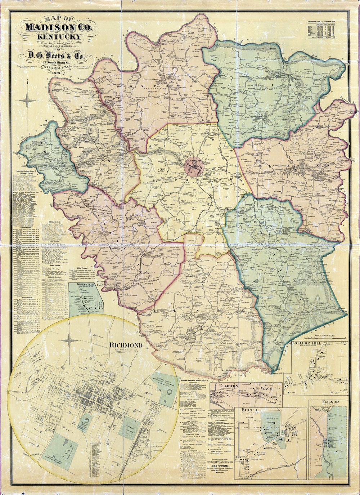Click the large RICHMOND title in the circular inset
tap(126, 345)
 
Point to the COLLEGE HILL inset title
tap(306, 343)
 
